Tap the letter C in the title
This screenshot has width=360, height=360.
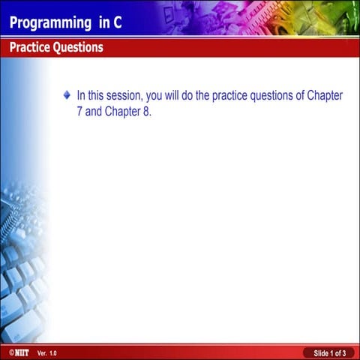click(117, 22)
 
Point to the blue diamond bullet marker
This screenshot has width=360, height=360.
click(67, 96)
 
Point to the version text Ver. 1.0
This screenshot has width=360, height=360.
click(46, 352)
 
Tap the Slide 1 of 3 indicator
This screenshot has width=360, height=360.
click(329, 352)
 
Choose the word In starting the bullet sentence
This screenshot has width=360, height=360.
click(81, 97)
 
